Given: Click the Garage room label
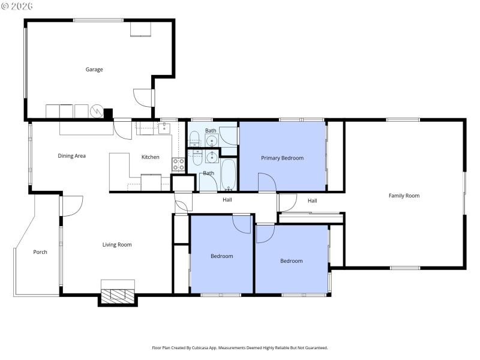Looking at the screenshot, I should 94,70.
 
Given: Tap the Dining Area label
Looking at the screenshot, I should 71,156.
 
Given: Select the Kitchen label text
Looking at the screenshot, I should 150,157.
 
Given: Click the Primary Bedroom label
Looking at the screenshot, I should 282,158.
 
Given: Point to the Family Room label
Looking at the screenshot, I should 404,196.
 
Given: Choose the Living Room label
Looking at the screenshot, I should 117,245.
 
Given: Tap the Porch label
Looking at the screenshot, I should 40,252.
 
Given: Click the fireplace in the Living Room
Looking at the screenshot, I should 117,295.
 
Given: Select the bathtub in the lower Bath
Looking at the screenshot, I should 229,174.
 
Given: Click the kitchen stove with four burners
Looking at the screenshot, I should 178,164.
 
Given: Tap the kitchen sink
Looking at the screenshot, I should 164,128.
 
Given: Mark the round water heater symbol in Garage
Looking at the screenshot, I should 96,112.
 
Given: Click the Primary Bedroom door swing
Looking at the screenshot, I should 266,182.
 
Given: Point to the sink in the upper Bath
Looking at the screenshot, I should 211,141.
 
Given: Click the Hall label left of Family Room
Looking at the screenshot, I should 312,201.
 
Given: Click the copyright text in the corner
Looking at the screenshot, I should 17,5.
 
